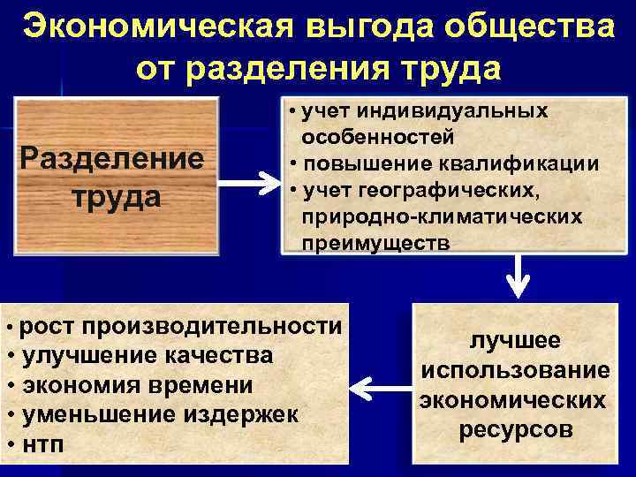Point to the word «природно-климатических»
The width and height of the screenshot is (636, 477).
[442, 216]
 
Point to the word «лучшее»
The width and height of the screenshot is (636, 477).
[515, 342]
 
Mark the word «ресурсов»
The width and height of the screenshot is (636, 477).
[515, 430]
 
